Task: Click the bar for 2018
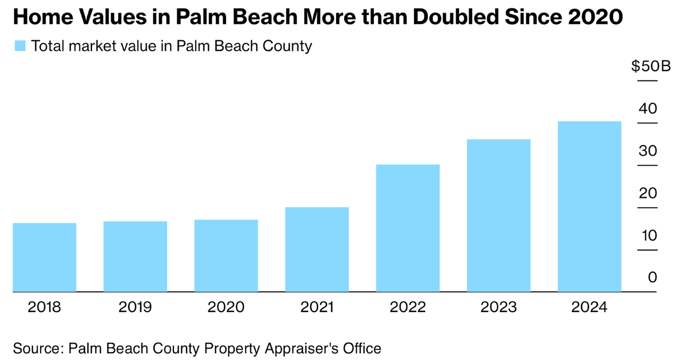45,257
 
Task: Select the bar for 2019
135,257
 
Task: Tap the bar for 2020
226,256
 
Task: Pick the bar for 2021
317,249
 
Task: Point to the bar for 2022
408,228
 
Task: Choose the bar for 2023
498,216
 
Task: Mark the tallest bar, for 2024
589,207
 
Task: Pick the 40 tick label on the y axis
648,108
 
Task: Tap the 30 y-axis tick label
648,151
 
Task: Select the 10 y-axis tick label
648,235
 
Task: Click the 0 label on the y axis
652,277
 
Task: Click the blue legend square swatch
20,46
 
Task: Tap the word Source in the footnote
37,347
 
